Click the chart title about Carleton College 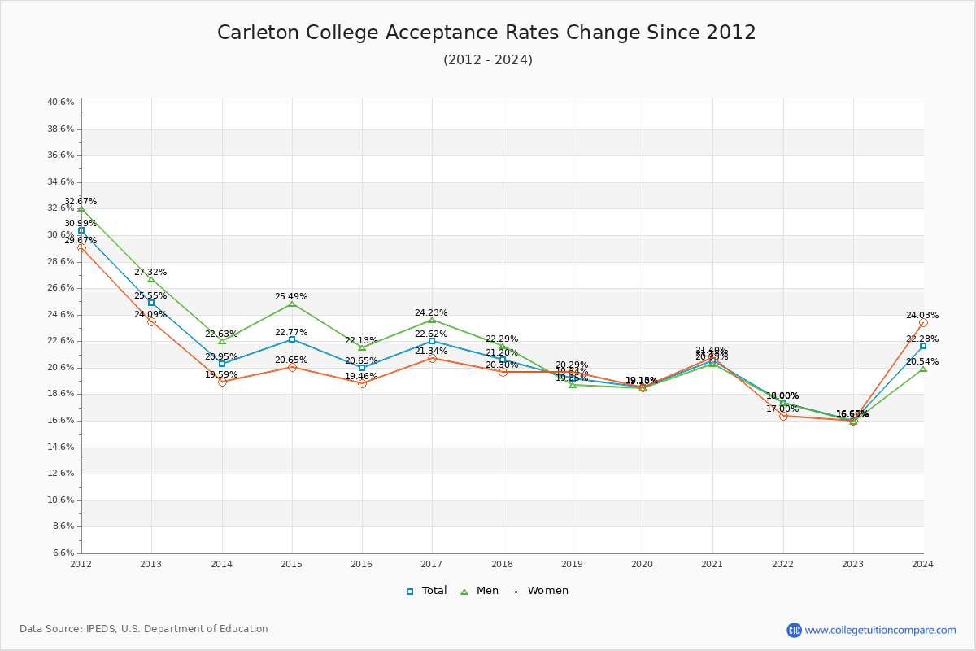tap(486, 33)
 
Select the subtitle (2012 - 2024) tap(488, 59)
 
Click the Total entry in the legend tap(427, 591)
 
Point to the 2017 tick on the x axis tap(432, 563)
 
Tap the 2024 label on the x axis tap(923, 563)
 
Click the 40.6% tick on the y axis tap(61, 103)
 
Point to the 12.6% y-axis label tap(61, 474)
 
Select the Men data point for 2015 tap(292, 304)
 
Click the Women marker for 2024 tap(923, 322)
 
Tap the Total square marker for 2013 tap(151, 303)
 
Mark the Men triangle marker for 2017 tap(432, 320)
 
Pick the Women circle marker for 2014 tap(222, 382)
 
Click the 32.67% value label tap(81, 201)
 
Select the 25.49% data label tap(291, 296)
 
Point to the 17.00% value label tap(782, 409)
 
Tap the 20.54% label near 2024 tap(922, 361)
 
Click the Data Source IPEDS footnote tap(144, 629)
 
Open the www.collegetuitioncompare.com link tap(880, 630)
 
